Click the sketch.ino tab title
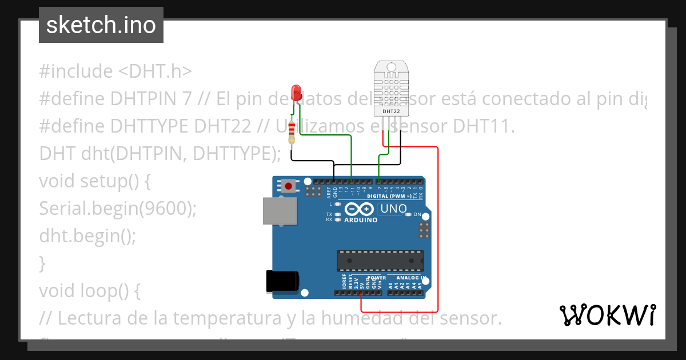pyautogui.click(x=101, y=25)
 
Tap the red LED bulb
pyautogui.click(x=296, y=92)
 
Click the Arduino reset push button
pyautogui.click(x=289, y=186)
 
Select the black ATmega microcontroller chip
pyautogui.click(x=380, y=260)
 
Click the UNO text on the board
pyautogui.click(x=393, y=209)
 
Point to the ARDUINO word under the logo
pyautogui.click(x=361, y=220)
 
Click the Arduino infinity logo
pyautogui.click(x=361, y=209)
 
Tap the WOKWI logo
pyautogui.click(x=608, y=315)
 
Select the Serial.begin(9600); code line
pyautogui.click(x=118, y=209)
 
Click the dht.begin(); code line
pyautogui.click(x=87, y=236)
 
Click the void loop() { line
pyautogui.click(x=90, y=291)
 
